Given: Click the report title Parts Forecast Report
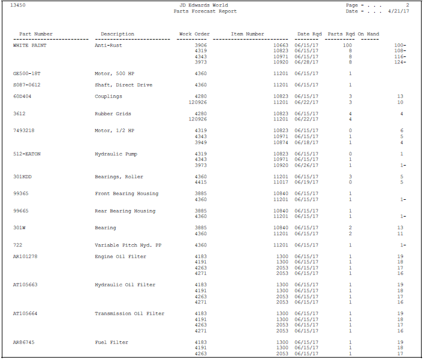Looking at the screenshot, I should (205, 11).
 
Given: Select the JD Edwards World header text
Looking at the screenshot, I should (205, 5).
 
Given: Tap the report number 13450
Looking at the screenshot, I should (18, 5).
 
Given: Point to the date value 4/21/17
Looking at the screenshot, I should (399, 11).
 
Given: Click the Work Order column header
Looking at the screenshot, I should (194, 34).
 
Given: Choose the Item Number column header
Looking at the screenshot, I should (247, 34).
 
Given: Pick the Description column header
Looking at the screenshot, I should (118, 34).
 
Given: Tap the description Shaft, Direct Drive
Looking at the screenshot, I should (124, 85).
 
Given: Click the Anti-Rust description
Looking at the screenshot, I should (109, 46).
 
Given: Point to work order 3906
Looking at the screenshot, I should (201, 46).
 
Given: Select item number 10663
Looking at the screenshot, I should (281, 46).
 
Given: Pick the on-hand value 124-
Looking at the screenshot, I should (400, 62).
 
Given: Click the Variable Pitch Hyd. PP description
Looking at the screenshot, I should (128, 245).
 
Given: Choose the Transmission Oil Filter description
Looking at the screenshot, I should (130, 314).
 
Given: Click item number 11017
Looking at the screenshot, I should (281, 182).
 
